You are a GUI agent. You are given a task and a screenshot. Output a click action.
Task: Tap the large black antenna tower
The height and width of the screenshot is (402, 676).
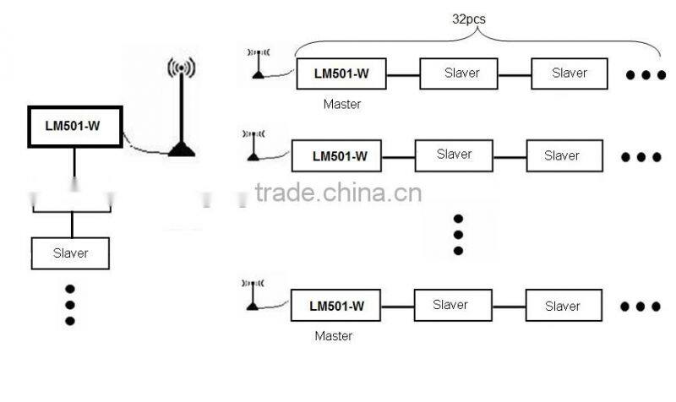[181, 110]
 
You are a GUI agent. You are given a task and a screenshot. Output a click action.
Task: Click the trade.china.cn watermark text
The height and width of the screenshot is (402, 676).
[338, 193]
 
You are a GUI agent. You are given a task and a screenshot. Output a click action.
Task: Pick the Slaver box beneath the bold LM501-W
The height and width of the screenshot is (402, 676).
[71, 253]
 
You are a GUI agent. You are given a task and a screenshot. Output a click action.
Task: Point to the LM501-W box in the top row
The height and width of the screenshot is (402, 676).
[341, 74]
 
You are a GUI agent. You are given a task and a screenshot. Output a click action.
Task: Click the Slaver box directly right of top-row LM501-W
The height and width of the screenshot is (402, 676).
[461, 73]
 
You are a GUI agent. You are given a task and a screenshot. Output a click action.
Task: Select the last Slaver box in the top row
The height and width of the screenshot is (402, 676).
[569, 73]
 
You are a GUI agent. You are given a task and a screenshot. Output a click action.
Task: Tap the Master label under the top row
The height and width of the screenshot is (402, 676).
[342, 105]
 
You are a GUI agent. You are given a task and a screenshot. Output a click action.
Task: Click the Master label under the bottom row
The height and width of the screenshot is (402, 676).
[333, 336]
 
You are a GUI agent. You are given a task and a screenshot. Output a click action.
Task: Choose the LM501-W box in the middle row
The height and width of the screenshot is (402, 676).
[339, 156]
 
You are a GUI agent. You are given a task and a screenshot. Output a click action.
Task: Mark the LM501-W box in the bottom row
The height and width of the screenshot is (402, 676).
[336, 306]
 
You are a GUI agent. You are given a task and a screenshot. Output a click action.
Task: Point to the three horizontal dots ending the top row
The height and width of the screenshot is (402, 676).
[646, 75]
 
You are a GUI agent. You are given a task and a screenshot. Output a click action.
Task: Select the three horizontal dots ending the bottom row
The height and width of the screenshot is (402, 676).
[641, 307]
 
